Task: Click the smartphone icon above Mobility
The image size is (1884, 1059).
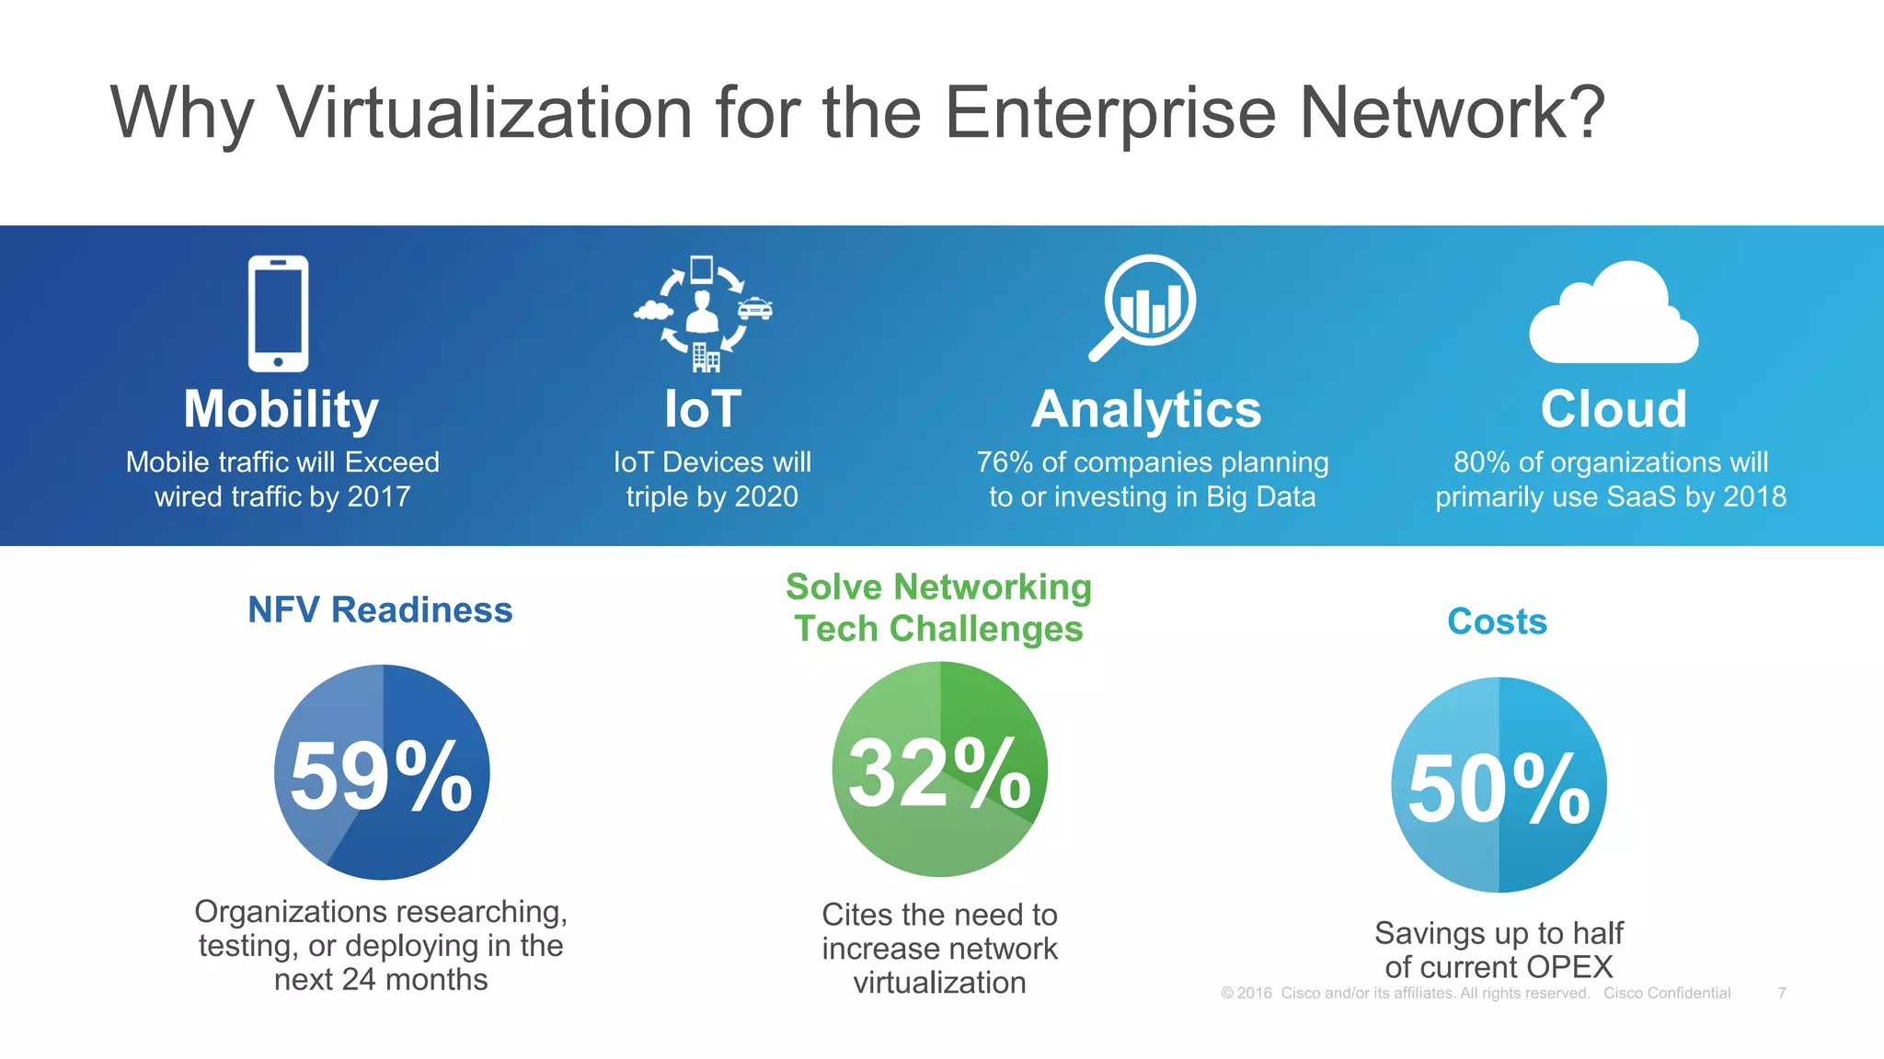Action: pos(278,313)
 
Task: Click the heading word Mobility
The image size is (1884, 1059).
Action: pos(281,409)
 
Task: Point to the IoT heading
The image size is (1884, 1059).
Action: pos(703,409)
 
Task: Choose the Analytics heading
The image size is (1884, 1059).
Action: pos(1146,409)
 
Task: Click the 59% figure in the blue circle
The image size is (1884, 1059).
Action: pos(381,777)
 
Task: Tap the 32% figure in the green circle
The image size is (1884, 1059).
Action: pos(939,774)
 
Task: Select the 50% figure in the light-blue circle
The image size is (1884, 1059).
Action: pos(1499,789)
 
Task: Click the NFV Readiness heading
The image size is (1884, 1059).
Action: pos(380,609)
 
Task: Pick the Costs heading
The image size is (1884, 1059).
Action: pos(1497,621)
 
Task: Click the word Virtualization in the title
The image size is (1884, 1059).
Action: pos(485,112)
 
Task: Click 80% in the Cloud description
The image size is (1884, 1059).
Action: pos(1481,461)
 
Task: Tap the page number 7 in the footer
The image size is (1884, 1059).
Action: pos(1782,993)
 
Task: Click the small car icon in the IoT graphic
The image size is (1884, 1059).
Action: pos(755,309)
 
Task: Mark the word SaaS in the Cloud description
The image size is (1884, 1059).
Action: pos(1640,496)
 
